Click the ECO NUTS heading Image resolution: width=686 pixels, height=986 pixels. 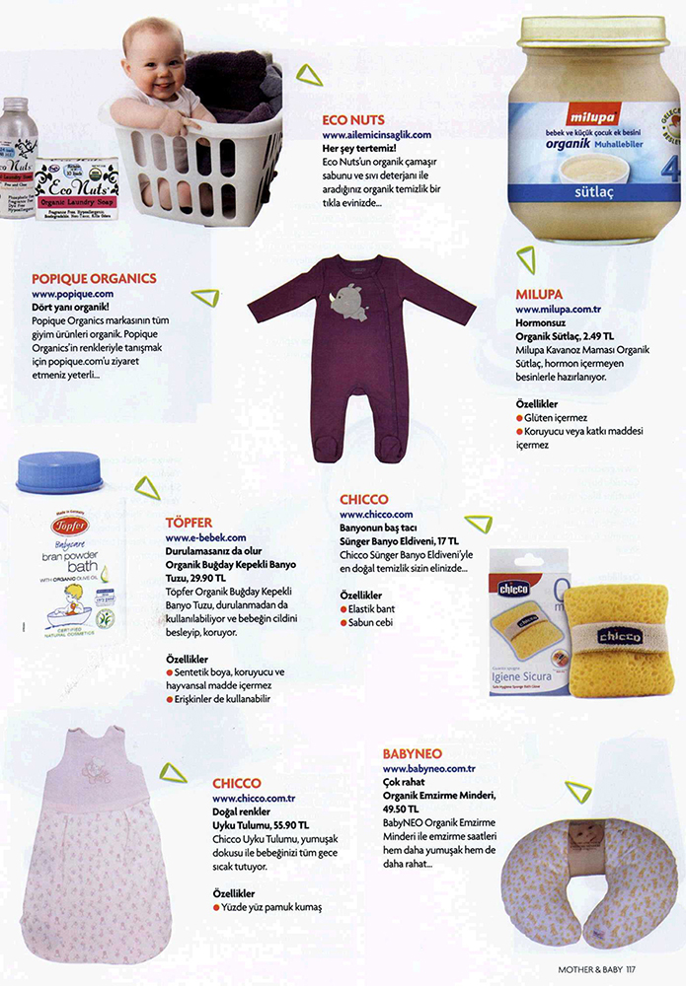click(352, 120)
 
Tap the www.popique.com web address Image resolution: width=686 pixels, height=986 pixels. click(72, 294)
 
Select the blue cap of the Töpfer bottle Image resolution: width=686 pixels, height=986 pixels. click(60, 473)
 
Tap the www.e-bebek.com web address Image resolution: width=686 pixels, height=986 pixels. click(205, 537)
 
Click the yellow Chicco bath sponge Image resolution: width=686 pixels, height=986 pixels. click(623, 636)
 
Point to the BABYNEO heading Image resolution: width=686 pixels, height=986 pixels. click(419, 754)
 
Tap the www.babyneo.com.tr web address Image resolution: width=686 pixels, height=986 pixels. click(429, 768)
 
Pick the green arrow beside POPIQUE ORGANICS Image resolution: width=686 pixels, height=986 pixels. click(204, 295)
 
